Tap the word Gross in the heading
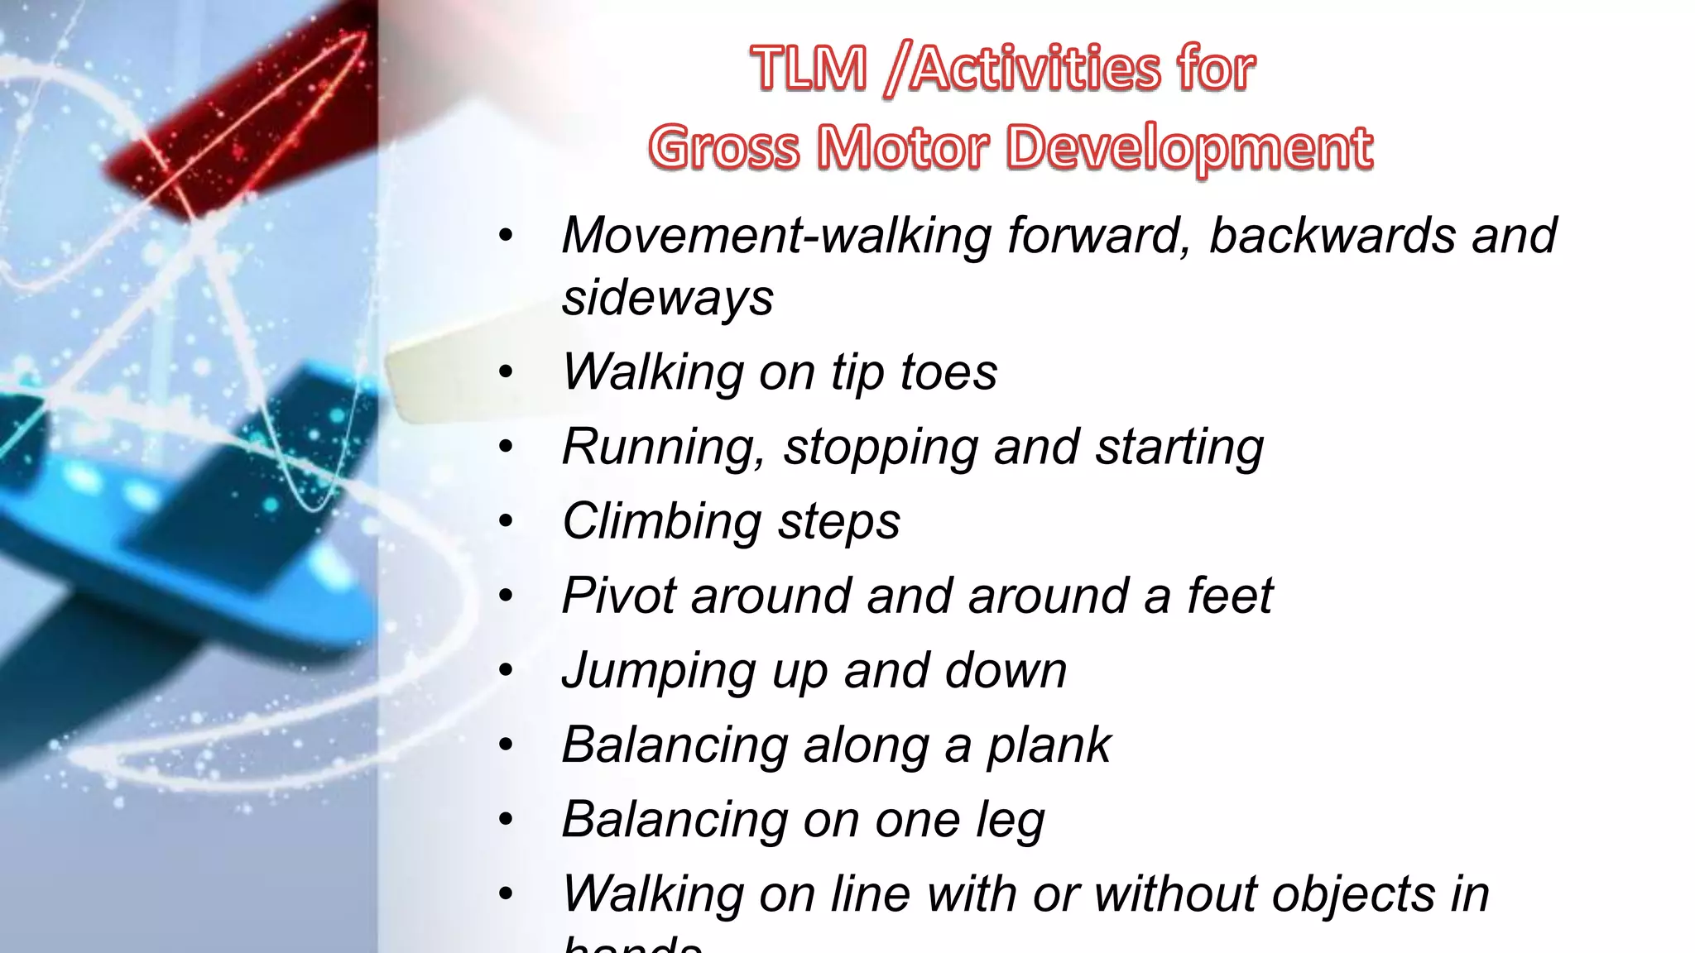[x=724, y=148]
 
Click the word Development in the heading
[x=1191, y=148]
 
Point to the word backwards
[x=1332, y=236]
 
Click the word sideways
[x=667, y=298]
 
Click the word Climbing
[x=660, y=522]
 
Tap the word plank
[x=1049, y=745]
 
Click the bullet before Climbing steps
[x=507, y=521]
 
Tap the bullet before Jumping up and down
[x=507, y=670]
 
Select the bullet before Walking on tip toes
[x=507, y=372]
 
